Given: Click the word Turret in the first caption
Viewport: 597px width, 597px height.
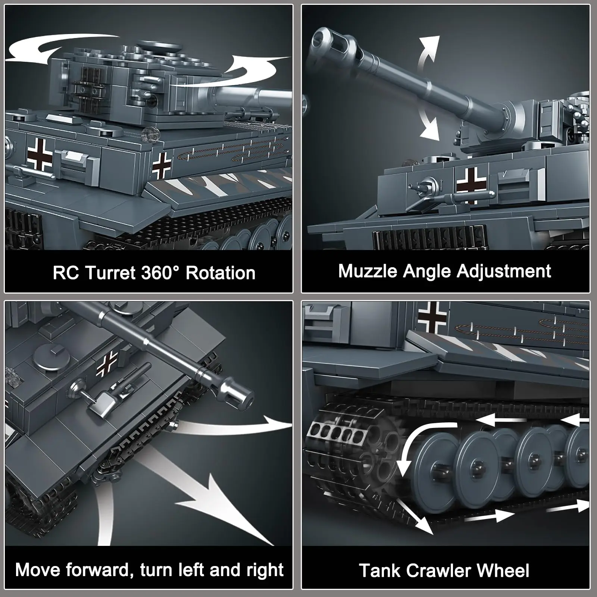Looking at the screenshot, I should (x=110, y=273).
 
